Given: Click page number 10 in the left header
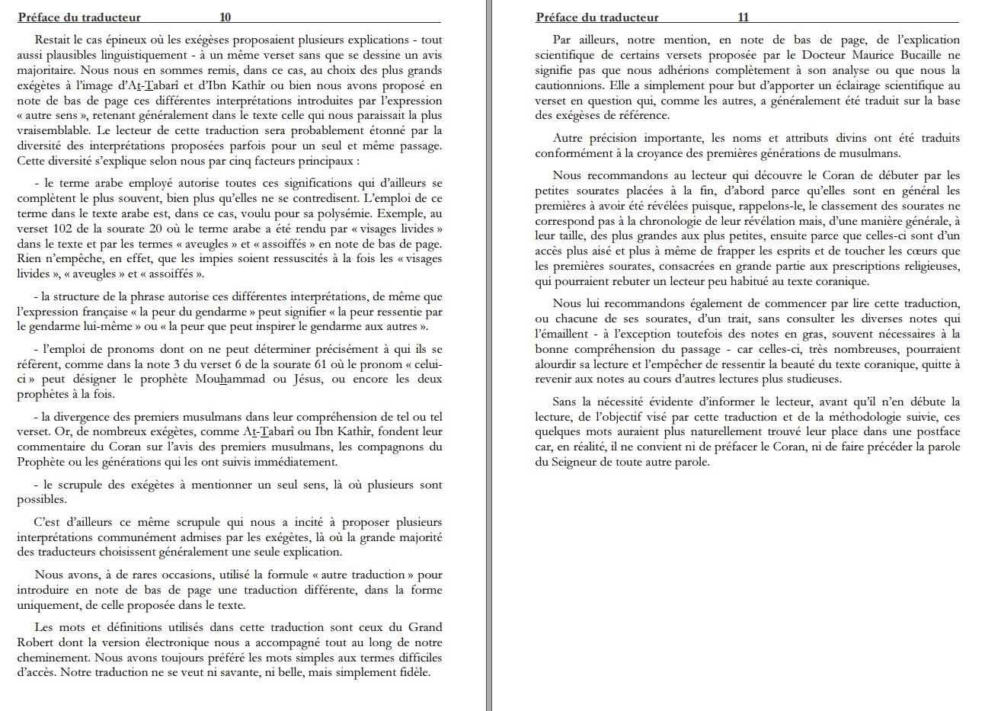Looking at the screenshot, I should [x=225, y=17].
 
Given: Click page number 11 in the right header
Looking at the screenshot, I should [x=744, y=17].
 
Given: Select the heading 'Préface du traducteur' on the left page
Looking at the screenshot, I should [x=78, y=17].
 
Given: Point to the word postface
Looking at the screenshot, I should [x=935, y=432].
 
